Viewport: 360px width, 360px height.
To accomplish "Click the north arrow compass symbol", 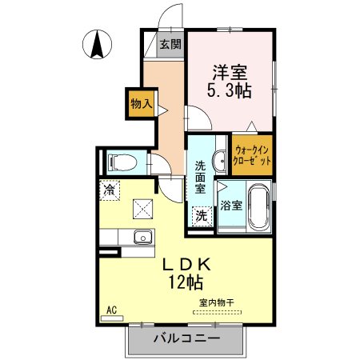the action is click(x=97, y=44).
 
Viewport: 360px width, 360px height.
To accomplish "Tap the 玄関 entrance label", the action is click(x=170, y=44).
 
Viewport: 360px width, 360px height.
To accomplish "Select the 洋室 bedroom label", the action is click(x=230, y=73).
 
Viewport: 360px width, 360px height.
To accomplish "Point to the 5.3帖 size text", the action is click(x=230, y=90).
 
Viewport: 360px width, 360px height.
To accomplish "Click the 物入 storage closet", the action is click(x=142, y=104).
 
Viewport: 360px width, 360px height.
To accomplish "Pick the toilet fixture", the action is click(x=122, y=162).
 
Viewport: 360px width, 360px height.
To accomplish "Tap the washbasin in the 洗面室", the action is click(x=219, y=161).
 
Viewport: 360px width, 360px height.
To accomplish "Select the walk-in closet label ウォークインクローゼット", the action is click(x=252, y=155).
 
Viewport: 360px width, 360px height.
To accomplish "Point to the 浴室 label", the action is click(x=231, y=206).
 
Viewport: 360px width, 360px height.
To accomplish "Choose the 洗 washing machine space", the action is click(x=202, y=216).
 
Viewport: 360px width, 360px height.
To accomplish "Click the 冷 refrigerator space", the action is click(x=110, y=190).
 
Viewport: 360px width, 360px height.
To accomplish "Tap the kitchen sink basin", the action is click(x=143, y=237).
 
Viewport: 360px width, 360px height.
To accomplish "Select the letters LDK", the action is click(x=186, y=265).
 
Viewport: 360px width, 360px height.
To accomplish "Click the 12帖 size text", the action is click(x=186, y=282).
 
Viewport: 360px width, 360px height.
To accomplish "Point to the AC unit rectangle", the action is click(x=112, y=318).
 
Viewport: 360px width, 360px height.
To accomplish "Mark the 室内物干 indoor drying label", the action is click(x=217, y=302).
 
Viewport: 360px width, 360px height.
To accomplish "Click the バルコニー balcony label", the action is click(x=187, y=338).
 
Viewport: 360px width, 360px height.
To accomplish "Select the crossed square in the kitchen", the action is click(x=143, y=209).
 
